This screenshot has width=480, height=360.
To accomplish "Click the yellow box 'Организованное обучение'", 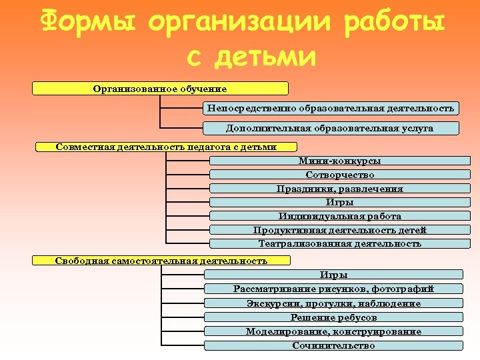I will [x=160, y=89].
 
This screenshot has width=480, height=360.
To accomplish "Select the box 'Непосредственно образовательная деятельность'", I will [x=331, y=108].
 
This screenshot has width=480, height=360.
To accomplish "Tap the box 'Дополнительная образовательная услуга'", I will [x=331, y=128].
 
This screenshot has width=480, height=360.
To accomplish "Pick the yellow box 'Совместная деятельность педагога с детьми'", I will [x=166, y=147].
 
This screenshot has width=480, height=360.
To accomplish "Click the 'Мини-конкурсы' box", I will [x=340, y=161].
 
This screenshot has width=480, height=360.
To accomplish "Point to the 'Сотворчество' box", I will [x=340, y=175].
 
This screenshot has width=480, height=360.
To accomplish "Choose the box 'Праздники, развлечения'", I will [x=340, y=189].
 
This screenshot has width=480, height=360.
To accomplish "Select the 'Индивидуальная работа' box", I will [x=340, y=216].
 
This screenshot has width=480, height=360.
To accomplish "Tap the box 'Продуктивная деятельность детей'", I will [x=340, y=230].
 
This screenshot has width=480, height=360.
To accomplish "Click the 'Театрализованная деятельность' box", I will [x=340, y=244].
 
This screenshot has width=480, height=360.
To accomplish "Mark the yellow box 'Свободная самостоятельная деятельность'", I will [x=161, y=261].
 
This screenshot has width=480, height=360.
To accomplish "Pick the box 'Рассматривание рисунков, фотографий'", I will [x=333, y=289].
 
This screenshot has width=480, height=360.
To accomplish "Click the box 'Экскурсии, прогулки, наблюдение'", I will [x=333, y=303].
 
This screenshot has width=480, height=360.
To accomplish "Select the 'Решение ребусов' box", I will [x=333, y=317].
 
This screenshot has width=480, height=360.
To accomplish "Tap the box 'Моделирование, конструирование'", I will [x=333, y=331].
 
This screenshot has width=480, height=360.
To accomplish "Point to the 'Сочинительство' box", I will [x=333, y=345].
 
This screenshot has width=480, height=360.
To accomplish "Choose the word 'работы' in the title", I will [x=393, y=25].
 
